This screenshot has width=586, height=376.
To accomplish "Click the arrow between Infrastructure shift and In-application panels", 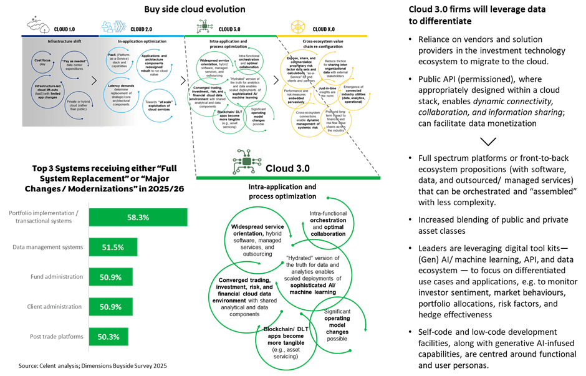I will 94,80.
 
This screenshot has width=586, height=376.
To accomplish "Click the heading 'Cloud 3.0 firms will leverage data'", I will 476,16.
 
